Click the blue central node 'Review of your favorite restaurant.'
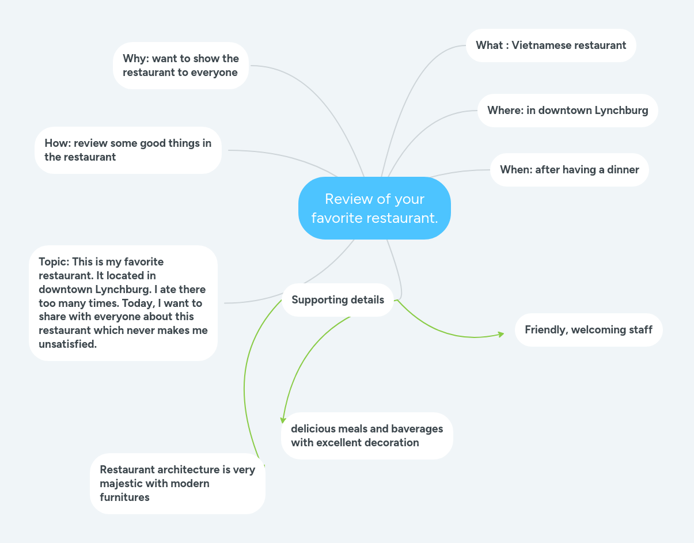click(374, 208)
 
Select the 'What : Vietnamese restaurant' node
click(551, 45)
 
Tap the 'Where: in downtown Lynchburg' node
click(567, 111)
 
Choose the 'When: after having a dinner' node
click(569, 170)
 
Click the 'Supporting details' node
click(337, 300)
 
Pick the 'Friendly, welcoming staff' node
click(588, 330)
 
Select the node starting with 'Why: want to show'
click(180, 66)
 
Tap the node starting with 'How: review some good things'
click(128, 150)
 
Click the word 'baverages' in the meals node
click(417, 429)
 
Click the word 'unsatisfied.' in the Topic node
click(68, 344)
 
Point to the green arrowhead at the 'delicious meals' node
click(283, 420)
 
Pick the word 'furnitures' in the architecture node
click(124, 498)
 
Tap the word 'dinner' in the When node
click(623, 170)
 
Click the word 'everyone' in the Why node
click(215, 73)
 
